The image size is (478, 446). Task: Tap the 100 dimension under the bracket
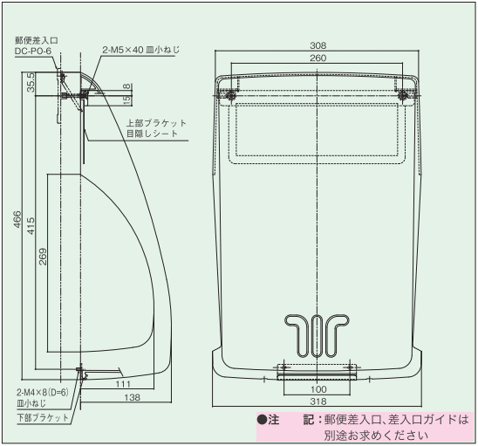click(x=318, y=388)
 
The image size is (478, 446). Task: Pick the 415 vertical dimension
click(x=31, y=225)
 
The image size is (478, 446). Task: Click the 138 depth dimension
click(x=107, y=398)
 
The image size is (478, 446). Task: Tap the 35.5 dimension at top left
click(x=31, y=82)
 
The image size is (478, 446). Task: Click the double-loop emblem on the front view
click(x=318, y=331)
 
